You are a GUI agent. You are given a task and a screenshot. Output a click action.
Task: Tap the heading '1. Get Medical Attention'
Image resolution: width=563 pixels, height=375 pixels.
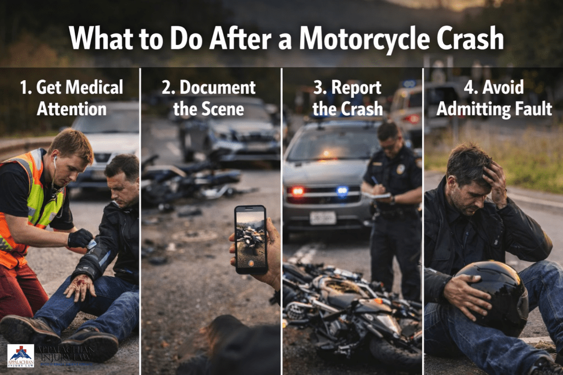[71, 98]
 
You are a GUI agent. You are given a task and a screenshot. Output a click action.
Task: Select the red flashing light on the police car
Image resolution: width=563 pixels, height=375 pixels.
[297, 191]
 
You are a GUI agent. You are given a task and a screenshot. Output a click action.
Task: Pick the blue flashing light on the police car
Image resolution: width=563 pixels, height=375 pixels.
[342, 191]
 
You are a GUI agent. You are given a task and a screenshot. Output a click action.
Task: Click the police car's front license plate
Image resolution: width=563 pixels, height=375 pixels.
[322, 218]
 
